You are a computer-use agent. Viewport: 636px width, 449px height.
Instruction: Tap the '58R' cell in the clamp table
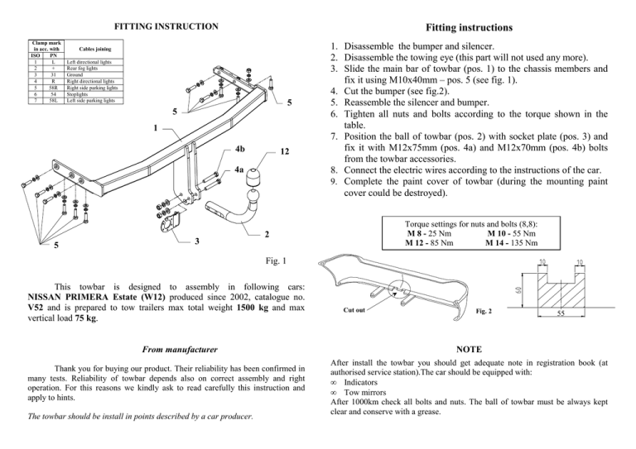pos(53,88)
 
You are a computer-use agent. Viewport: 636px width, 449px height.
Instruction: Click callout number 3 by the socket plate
pos(197,242)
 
